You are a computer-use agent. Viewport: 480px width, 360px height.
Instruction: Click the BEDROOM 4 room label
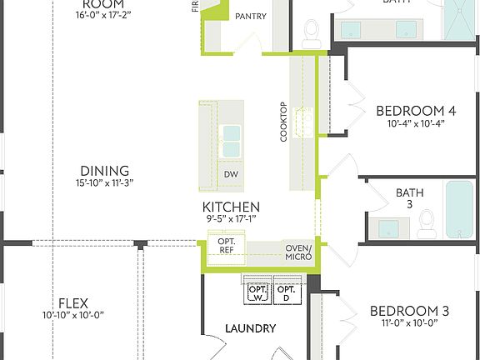pos(415,110)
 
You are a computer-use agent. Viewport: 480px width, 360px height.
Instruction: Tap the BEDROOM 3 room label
pos(409,312)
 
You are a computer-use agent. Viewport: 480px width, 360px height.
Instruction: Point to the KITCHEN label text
pos(231,207)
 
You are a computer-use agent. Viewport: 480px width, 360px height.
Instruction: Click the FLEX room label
pos(73,302)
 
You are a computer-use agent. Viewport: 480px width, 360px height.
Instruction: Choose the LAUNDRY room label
pos(250,328)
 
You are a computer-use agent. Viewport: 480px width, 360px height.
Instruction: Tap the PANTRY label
pos(251,17)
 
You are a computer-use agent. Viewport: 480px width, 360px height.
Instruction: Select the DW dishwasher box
pos(231,174)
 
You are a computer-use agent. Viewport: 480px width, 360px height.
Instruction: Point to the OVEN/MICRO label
pos(298,252)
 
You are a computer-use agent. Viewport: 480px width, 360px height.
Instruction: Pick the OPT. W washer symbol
pos(256,292)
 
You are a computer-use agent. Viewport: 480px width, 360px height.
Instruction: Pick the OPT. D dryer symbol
pos(286,292)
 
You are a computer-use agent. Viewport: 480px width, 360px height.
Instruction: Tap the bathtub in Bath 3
pos(458,208)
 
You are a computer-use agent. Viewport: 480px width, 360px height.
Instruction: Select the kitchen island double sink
pos(230,141)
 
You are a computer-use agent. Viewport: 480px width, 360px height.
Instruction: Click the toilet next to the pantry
pos(312,32)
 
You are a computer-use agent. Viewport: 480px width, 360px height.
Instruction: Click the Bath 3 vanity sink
pos(387,227)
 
